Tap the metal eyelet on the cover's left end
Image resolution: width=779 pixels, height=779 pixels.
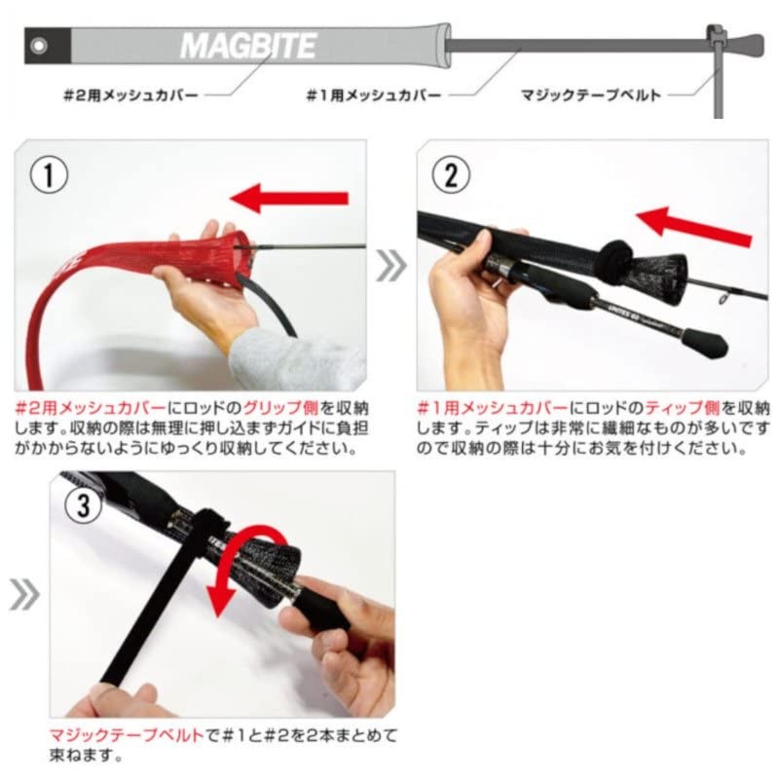(38, 46)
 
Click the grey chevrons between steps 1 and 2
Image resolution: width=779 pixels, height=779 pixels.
(391, 265)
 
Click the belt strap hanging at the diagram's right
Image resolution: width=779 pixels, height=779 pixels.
(719, 83)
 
